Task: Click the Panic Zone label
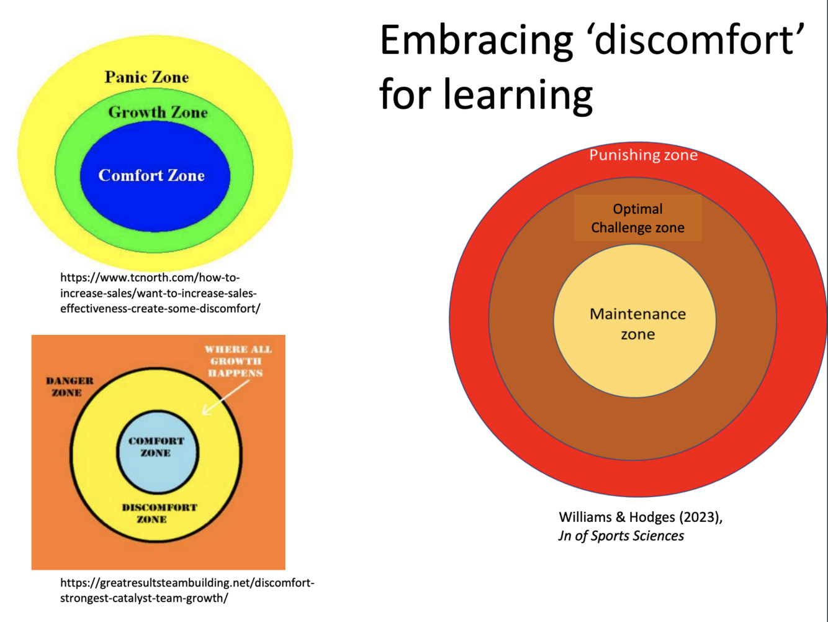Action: tap(146, 77)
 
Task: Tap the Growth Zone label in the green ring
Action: tap(158, 112)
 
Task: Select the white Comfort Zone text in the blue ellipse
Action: tap(151, 176)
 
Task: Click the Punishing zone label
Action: tap(643, 155)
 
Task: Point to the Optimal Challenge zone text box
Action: tap(637, 218)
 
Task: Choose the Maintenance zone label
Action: tap(637, 324)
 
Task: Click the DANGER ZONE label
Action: tap(70, 386)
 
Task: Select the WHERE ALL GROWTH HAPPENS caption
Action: tap(238, 361)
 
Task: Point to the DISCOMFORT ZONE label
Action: tap(159, 513)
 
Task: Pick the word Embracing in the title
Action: tap(476, 40)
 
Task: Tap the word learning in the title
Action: tap(518, 94)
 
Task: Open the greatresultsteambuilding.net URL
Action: tap(187, 590)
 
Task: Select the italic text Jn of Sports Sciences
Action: tap(621, 536)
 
